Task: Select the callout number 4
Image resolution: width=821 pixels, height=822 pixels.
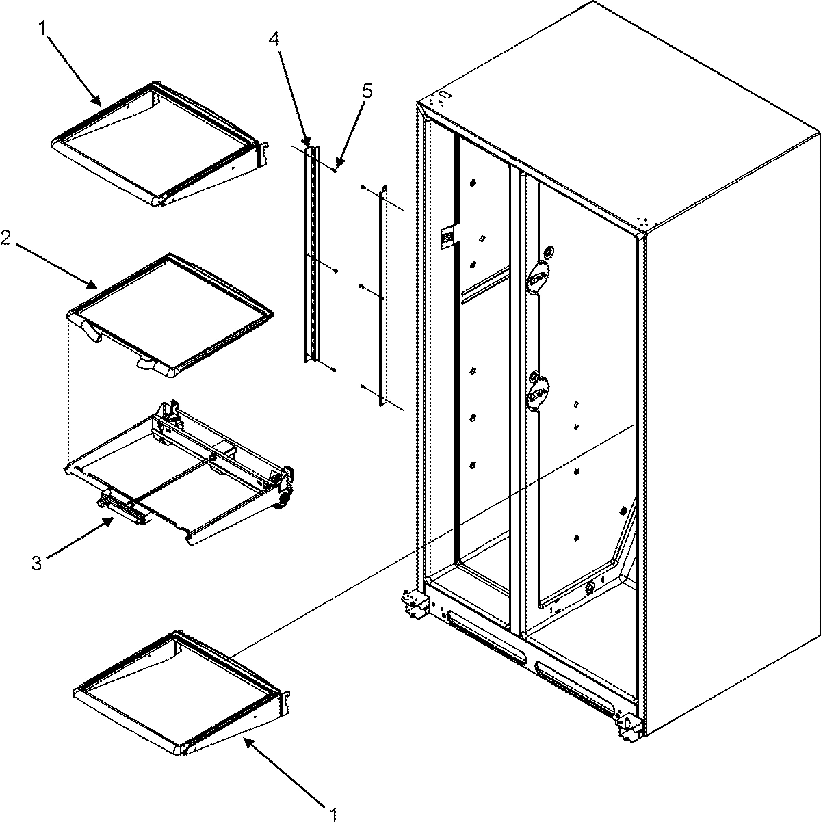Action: [x=274, y=39]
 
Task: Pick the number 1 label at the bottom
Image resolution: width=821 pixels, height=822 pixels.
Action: [x=333, y=814]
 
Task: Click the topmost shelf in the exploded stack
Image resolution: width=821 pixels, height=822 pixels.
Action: [x=157, y=144]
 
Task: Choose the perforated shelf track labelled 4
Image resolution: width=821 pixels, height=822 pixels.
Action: [x=311, y=253]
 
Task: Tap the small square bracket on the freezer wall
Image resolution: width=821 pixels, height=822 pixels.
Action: [x=447, y=237]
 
